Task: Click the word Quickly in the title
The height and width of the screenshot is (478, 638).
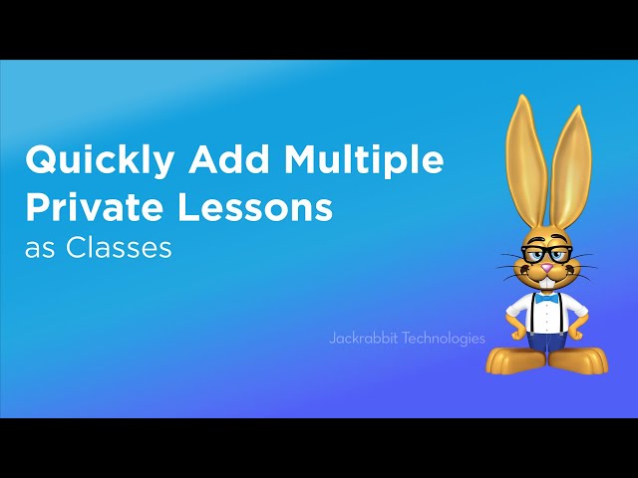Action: [x=100, y=160]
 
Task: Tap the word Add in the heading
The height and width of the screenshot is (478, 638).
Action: [x=229, y=158]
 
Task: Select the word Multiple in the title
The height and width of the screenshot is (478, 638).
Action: [x=364, y=160]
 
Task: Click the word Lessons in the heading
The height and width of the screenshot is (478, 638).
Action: [x=255, y=206]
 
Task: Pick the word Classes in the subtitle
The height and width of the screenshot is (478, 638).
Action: [x=119, y=247]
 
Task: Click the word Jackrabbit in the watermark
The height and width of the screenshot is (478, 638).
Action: [x=363, y=339]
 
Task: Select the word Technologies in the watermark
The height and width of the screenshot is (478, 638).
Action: [x=443, y=339]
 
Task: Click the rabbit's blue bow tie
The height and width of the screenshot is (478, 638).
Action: [x=546, y=300]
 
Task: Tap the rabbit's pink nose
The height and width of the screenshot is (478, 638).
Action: [x=547, y=268]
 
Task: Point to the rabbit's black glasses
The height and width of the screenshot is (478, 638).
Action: [x=546, y=254]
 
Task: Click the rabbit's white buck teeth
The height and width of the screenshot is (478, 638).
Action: [x=547, y=283]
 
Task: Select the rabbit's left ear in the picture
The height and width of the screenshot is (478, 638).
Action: [x=525, y=162]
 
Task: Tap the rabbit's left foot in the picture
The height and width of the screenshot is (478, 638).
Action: [x=516, y=360]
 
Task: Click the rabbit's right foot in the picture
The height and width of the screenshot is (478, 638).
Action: [x=579, y=360]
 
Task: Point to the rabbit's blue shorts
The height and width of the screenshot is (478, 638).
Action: [x=547, y=342]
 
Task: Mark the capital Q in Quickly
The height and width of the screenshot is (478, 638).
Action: [x=42, y=159]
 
